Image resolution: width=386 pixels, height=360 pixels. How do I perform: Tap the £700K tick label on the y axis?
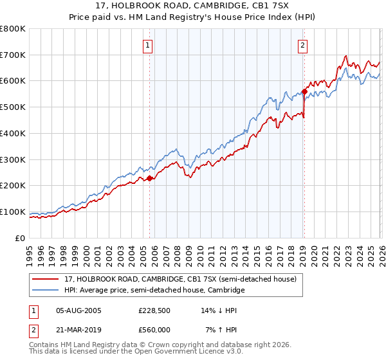click(13, 55)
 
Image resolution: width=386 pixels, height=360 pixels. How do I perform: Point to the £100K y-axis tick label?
click(13, 212)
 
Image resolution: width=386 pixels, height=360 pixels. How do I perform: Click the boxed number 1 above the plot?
click(148, 45)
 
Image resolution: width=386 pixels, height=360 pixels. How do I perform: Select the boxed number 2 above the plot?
click(302, 45)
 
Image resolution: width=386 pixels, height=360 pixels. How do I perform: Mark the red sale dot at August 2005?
click(149, 178)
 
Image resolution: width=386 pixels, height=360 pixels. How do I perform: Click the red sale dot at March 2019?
click(304, 91)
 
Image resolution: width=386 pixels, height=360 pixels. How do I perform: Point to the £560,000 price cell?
click(154, 329)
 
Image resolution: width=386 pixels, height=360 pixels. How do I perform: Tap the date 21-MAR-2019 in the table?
click(78, 329)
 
